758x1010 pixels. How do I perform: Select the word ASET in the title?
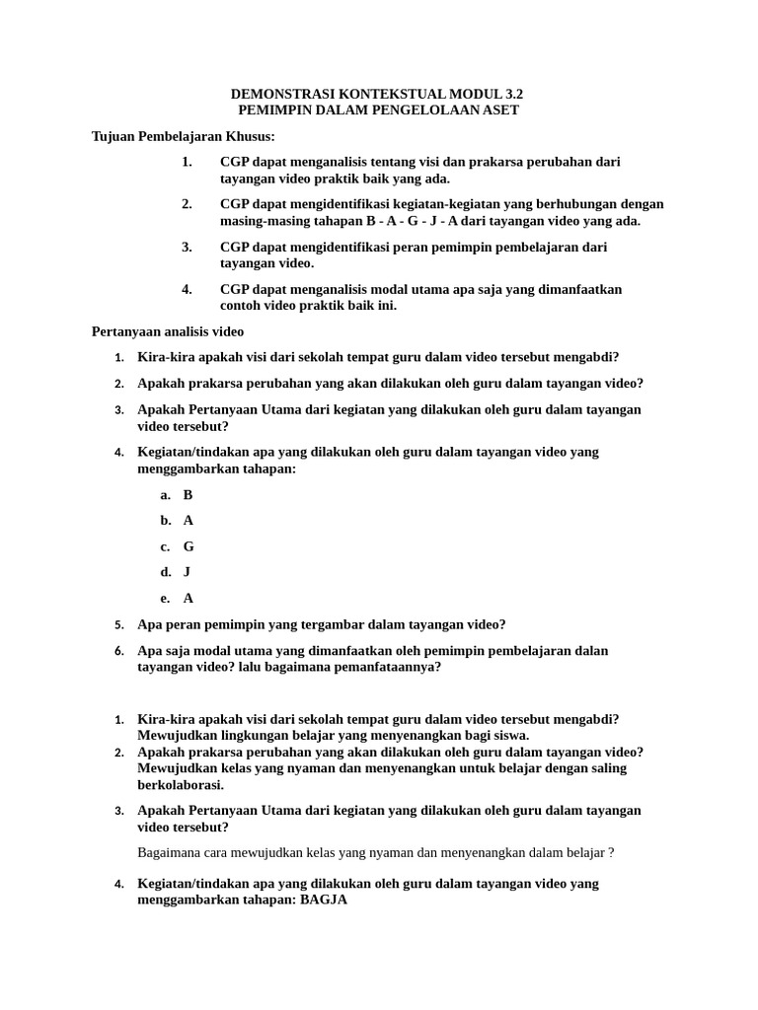click(499, 109)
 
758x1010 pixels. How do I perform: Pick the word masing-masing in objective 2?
click(262, 221)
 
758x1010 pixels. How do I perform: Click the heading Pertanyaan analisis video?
click(167, 331)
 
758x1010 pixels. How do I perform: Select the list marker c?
click(166, 546)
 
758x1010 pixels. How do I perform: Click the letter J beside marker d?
click(187, 572)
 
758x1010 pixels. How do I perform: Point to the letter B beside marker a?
click(188, 494)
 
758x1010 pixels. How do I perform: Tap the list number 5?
click(118, 625)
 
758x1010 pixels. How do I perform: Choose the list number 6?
click(118, 652)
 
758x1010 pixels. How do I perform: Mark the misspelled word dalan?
click(591, 651)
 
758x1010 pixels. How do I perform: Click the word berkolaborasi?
click(181, 785)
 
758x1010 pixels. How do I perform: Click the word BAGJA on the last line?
click(324, 901)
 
